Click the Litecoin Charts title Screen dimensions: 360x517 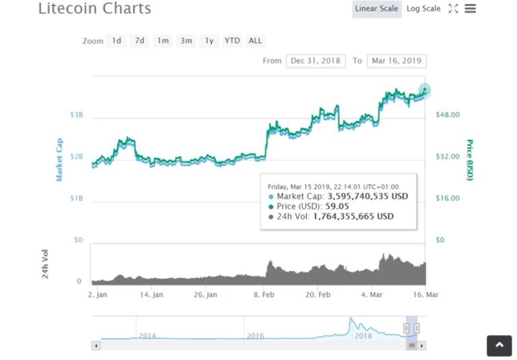pos(94,9)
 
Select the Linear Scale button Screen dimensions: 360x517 pos(377,9)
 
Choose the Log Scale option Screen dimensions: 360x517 pos(423,9)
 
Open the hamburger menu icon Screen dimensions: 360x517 pos(471,9)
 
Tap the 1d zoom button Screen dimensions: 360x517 pos(116,40)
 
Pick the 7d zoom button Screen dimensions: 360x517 pos(139,40)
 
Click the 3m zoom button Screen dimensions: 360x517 pos(186,40)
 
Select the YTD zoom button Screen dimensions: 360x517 pos(232,40)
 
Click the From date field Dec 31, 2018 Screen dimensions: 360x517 pos(316,61)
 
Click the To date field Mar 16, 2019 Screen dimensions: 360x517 pos(397,61)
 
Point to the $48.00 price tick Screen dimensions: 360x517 pos(448,115)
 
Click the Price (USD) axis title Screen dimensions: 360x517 pos(469,160)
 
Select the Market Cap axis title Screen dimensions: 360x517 pos(59,159)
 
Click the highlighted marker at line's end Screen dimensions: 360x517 pos(425,90)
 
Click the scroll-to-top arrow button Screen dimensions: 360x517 pos(499,345)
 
